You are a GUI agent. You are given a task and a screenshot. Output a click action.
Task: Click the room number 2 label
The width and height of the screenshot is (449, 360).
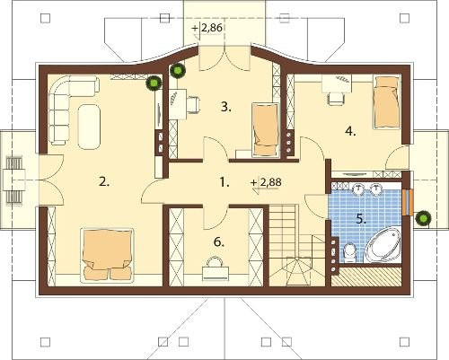[104, 181]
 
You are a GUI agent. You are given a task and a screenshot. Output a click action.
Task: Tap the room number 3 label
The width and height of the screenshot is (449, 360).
[226, 107]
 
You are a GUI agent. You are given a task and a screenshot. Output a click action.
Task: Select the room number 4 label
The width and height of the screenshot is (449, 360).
[350, 131]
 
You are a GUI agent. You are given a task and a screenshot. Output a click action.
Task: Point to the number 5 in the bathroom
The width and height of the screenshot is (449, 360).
[361, 219]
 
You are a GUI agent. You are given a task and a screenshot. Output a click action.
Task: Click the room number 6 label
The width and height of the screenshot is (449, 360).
[219, 241]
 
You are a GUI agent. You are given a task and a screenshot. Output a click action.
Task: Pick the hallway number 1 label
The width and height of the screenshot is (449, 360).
[224, 182]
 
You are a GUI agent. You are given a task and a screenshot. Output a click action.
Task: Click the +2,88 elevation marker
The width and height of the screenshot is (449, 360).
[267, 182]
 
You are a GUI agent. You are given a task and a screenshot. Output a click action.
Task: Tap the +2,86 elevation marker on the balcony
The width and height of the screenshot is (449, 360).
[207, 29]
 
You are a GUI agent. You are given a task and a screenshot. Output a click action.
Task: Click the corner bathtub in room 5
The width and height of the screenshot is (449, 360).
[383, 244]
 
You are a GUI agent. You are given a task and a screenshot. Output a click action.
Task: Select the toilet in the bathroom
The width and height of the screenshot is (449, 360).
[349, 253]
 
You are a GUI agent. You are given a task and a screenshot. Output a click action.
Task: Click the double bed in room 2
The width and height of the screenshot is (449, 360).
[107, 255]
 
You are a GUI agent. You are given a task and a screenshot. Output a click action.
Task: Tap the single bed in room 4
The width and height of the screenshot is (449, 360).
[387, 102]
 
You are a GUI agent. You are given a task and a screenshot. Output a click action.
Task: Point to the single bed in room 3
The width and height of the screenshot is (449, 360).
[266, 130]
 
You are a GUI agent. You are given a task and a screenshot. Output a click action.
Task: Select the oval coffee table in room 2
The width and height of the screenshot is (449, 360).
[89, 127]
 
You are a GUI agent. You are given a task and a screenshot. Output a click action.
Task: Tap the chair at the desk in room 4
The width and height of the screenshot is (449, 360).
[336, 98]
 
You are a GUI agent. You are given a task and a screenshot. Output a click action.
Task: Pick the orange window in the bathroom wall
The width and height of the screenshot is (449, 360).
[408, 202]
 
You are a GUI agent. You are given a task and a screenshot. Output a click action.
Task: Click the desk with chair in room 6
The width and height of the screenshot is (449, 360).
[214, 269]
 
